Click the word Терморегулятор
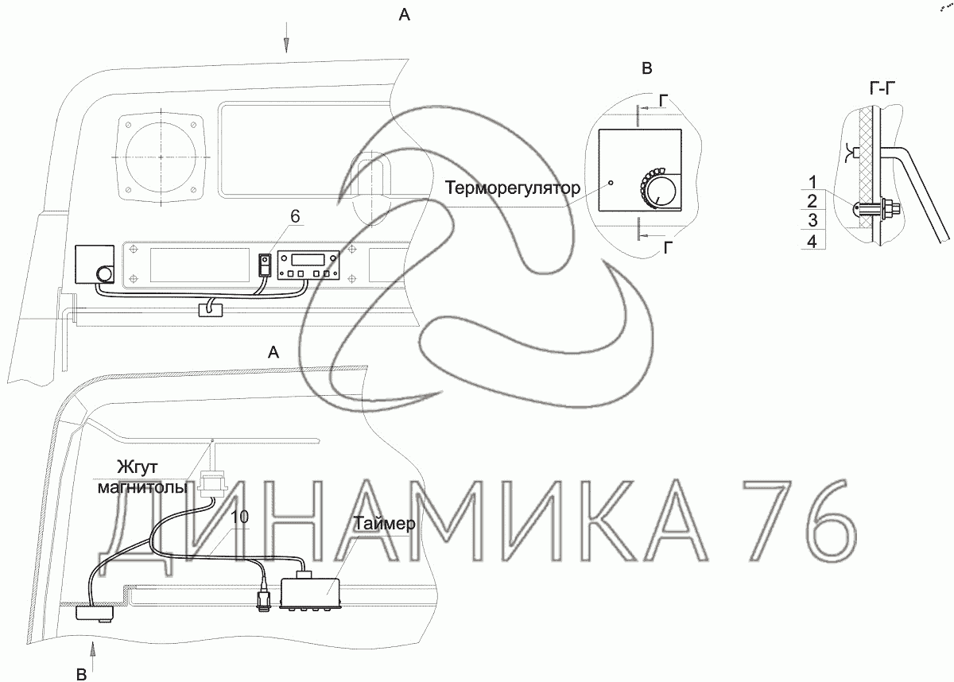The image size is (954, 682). (x=512, y=188)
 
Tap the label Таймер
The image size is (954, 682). (x=384, y=524)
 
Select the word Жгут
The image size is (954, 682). (x=137, y=467)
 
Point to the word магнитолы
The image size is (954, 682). (x=142, y=487)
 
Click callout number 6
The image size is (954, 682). (x=295, y=216)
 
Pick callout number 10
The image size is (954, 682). (x=240, y=517)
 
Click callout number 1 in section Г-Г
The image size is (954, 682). (x=813, y=182)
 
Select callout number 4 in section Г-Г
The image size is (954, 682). (x=812, y=242)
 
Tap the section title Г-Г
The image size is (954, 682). (x=882, y=89)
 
